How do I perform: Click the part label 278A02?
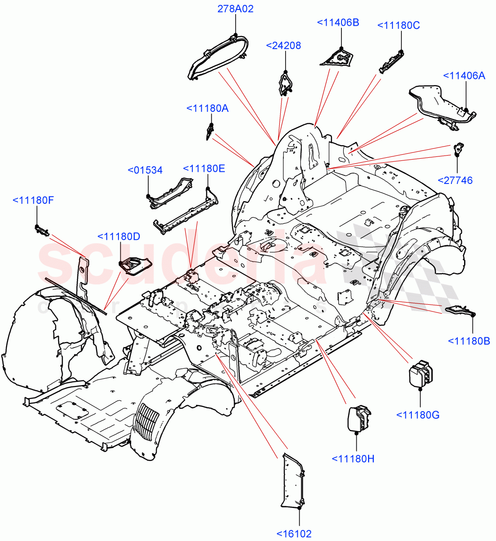point(236,9)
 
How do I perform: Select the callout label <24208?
point(284,46)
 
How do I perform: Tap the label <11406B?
point(338,23)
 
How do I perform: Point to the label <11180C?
point(398,26)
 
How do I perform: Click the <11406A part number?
point(464,76)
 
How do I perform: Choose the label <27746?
point(455,180)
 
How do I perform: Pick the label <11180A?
point(208,108)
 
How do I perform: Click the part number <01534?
point(145,170)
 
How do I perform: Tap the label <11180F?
point(33,200)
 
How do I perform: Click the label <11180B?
point(469,341)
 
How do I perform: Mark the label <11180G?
point(418,415)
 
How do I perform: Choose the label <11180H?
point(353,459)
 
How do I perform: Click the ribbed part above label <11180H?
point(359,418)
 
